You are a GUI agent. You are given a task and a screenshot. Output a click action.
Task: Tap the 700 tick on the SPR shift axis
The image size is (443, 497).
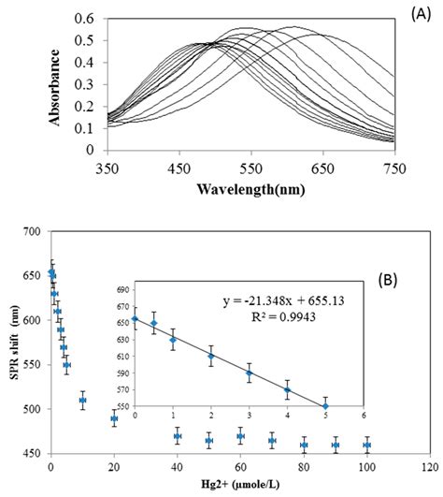coord(32,231)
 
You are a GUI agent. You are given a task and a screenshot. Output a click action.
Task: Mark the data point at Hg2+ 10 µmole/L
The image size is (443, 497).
coord(82,400)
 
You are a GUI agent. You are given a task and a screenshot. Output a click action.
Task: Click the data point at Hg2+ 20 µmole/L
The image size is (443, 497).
coord(114,418)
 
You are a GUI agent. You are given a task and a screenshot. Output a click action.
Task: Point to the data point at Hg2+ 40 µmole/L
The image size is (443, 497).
coord(178,436)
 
